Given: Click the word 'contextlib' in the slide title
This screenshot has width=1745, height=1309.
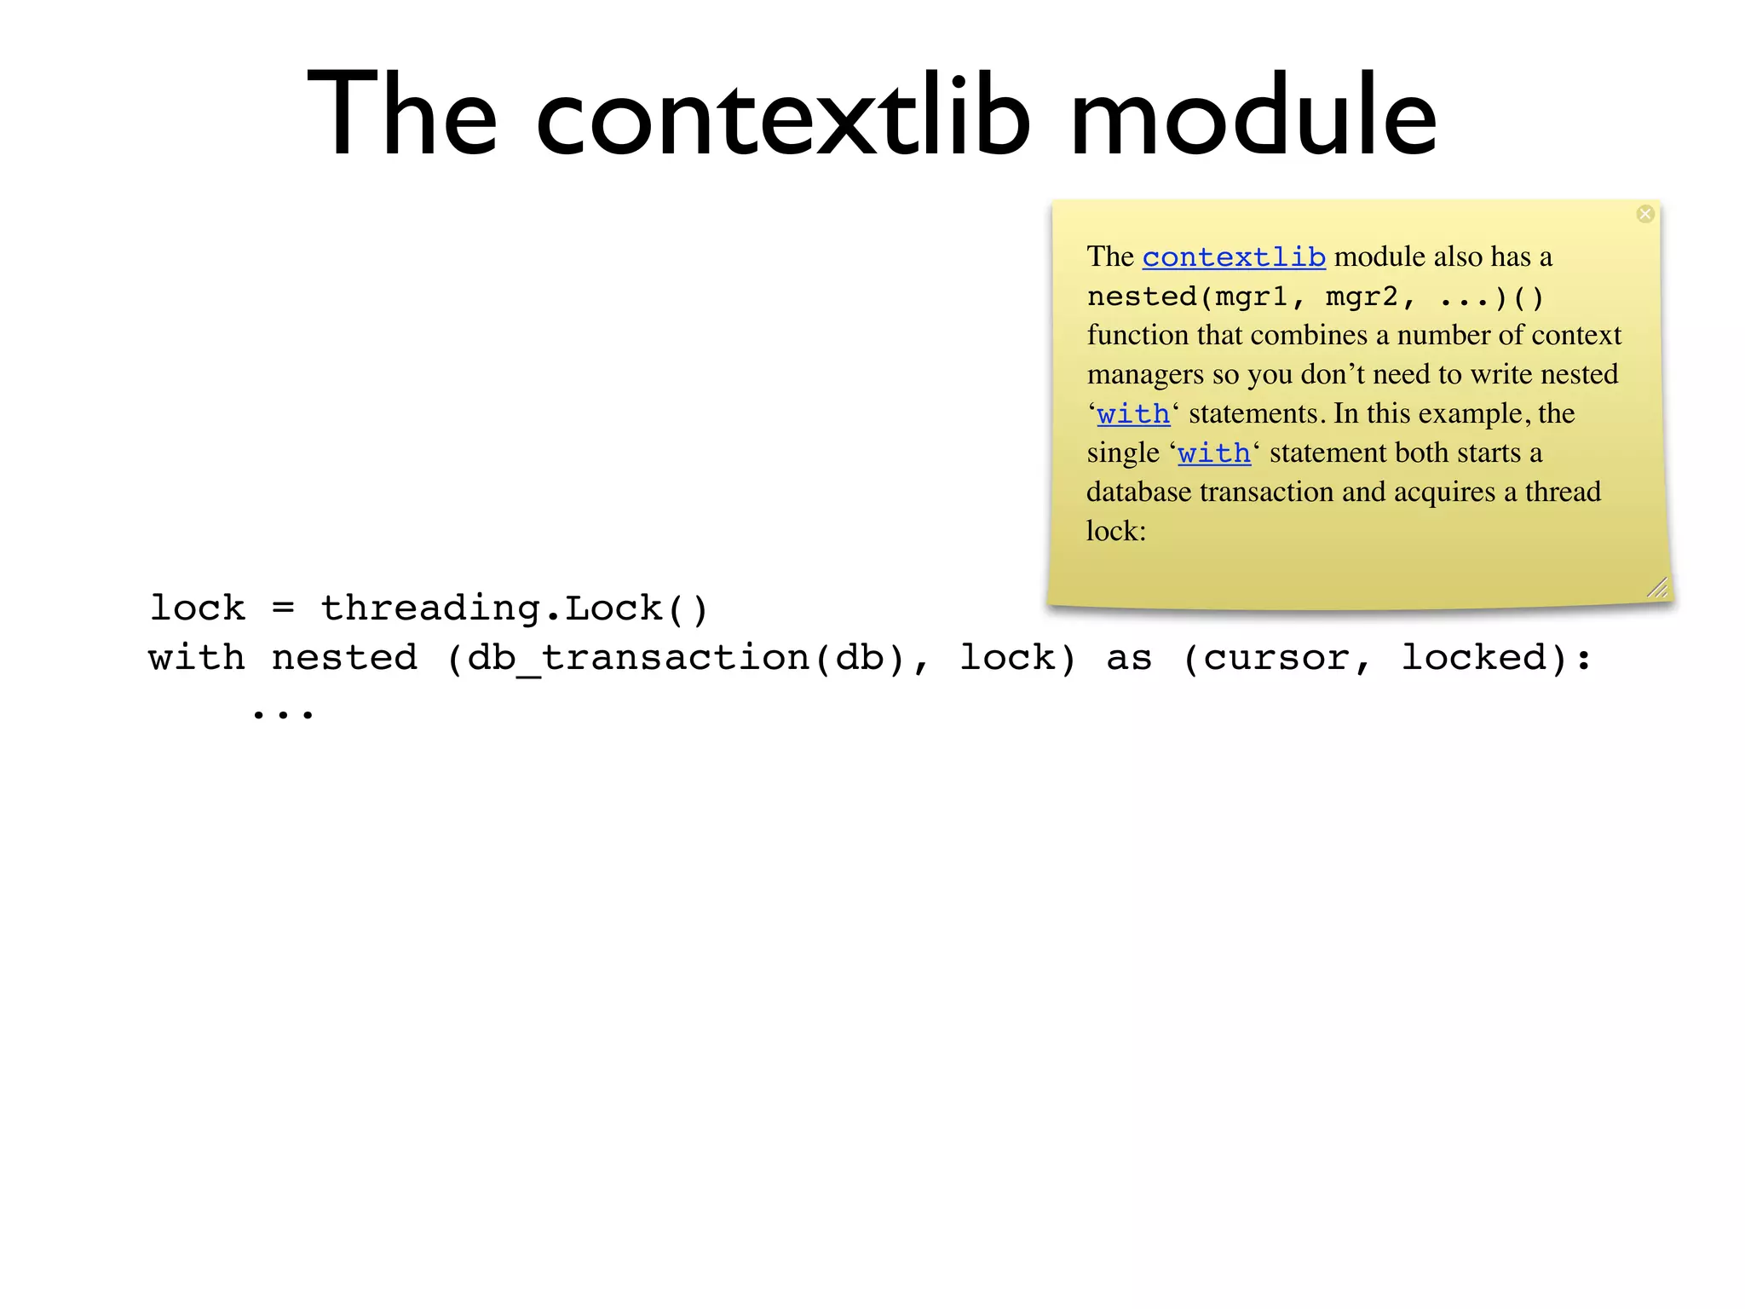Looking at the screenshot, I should click(783, 116).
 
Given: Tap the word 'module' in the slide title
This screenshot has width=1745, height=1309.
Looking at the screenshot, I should click(1253, 116).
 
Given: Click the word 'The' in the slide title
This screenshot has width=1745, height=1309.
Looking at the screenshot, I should click(401, 116).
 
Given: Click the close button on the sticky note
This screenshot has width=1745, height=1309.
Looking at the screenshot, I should click(1645, 214).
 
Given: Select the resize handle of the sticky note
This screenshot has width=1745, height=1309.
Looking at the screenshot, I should click(1657, 587).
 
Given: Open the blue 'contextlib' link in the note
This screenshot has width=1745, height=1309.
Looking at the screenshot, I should click(1234, 257).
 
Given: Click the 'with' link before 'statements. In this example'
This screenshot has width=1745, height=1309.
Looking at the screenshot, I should click(1133, 414).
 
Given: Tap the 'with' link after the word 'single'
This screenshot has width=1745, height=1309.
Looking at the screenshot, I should click(1214, 453).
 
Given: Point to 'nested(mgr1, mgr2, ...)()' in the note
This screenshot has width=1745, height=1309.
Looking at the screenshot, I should click(1316, 297).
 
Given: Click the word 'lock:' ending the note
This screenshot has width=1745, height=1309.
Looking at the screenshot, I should click(1116, 531).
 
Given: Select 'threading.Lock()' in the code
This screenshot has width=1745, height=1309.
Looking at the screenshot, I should click(515, 608).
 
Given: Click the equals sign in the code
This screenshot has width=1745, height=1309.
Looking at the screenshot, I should click(283, 608).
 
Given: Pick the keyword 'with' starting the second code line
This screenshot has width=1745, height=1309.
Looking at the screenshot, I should click(197, 658).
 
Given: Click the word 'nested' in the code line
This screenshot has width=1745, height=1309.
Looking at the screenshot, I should click(344, 658).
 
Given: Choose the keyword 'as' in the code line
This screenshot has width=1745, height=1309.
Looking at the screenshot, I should click(1129, 658).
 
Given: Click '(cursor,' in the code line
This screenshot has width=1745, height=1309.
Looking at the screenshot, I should click(1276, 658).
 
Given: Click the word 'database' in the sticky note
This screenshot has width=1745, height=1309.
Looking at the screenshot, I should click(1138, 493).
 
